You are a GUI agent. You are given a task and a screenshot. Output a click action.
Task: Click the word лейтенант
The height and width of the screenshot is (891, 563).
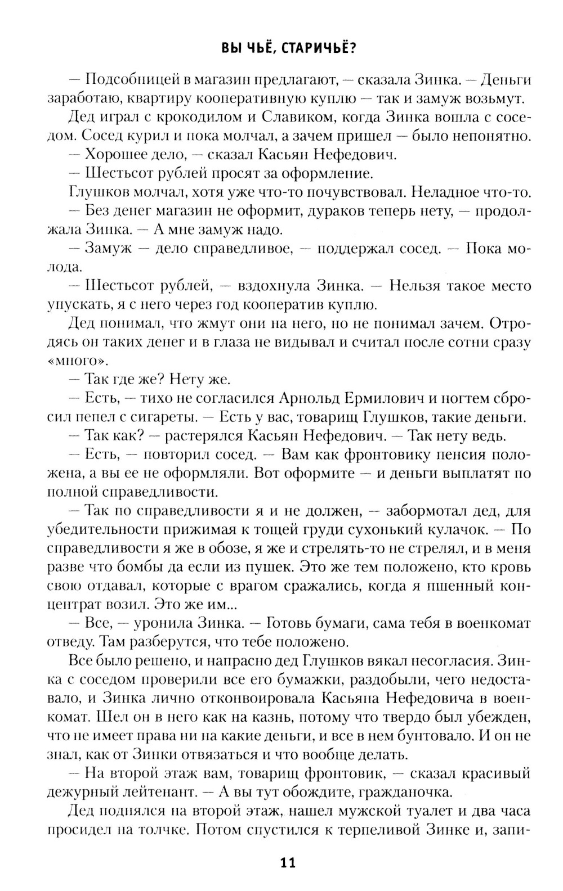coord(154,793)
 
